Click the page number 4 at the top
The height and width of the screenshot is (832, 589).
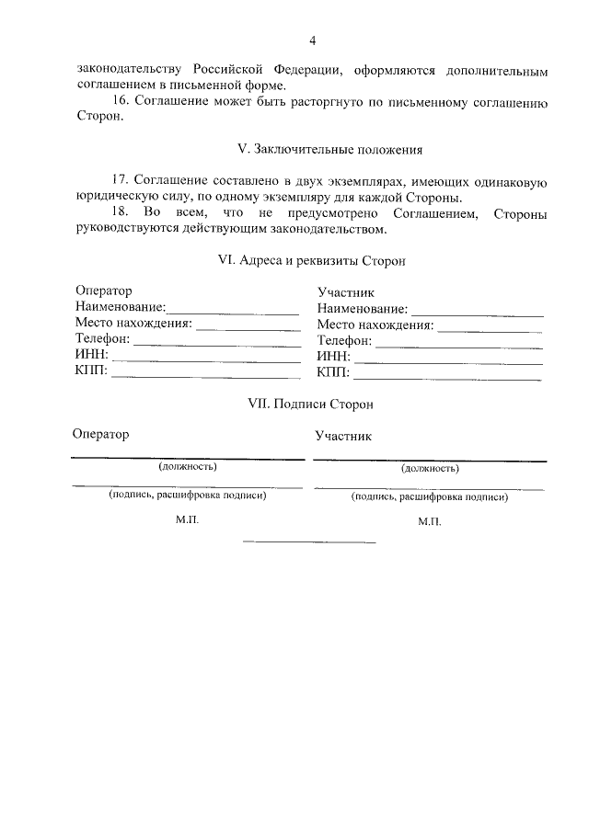[x=312, y=40]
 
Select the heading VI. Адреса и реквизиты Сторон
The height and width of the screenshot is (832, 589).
[x=312, y=260]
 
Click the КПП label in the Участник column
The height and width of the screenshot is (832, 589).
[x=332, y=372]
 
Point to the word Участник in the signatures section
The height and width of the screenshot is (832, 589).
[x=342, y=436]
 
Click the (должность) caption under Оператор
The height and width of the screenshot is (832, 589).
[x=188, y=466]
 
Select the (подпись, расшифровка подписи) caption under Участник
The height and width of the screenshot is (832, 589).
[x=429, y=496]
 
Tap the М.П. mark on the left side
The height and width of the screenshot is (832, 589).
[x=187, y=519]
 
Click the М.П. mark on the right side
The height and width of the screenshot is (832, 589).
[x=429, y=521]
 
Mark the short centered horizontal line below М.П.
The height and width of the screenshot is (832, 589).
[x=308, y=541]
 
